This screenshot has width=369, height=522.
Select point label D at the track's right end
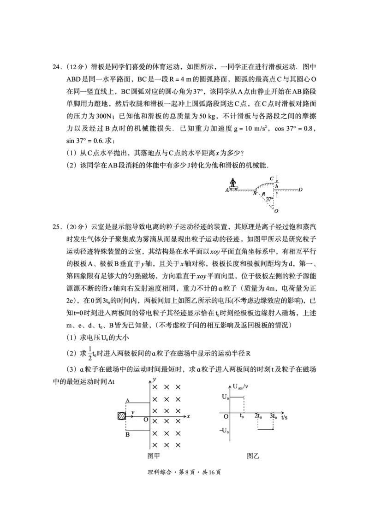(x=300, y=189)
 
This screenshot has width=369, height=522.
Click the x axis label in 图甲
(x=189, y=416)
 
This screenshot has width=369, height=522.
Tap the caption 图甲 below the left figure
(x=153, y=456)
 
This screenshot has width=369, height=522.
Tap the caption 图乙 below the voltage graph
(x=253, y=456)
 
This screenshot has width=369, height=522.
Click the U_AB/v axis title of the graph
(x=241, y=386)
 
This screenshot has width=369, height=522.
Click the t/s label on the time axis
(x=286, y=416)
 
